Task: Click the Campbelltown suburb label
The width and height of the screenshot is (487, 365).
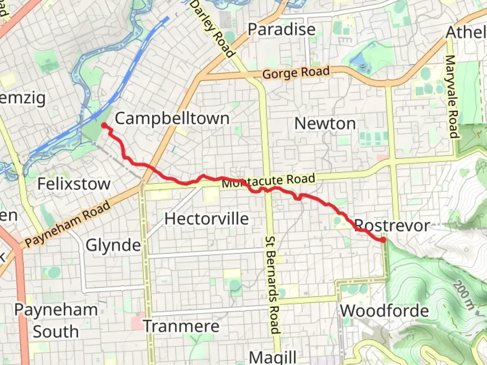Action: click(172, 119)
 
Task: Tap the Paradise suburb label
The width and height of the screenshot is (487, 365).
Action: click(281, 29)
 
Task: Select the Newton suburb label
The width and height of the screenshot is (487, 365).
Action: click(325, 124)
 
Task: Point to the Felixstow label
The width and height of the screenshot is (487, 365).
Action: click(74, 184)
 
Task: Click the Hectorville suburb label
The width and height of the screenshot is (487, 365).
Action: click(207, 219)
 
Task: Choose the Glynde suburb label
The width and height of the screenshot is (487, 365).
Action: click(113, 245)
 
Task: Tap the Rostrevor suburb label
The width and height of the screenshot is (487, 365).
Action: click(392, 225)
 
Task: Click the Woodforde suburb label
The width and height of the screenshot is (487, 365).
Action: click(384, 311)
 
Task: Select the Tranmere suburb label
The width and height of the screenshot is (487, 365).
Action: click(182, 326)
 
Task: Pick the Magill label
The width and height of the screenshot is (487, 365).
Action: click(273, 357)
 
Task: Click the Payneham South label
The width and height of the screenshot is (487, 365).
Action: click(56, 320)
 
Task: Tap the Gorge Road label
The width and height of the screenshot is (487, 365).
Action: click(296, 73)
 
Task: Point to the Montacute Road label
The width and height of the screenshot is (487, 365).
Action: click(269, 181)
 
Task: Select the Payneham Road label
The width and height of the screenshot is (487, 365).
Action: click(68, 223)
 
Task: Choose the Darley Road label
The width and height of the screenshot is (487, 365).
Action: click(212, 29)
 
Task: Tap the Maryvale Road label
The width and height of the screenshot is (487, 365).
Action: click(451, 97)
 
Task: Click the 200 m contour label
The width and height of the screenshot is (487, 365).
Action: click(464, 295)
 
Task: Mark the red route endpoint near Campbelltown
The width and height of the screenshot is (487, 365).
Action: click(105, 126)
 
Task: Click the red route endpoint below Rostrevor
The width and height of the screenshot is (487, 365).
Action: click(383, 240)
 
